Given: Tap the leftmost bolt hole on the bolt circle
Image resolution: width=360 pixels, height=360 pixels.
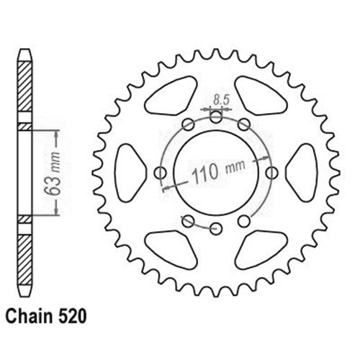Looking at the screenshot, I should (160, 172).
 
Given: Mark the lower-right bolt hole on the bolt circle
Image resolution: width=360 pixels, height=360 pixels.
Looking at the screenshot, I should (246, 220).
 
